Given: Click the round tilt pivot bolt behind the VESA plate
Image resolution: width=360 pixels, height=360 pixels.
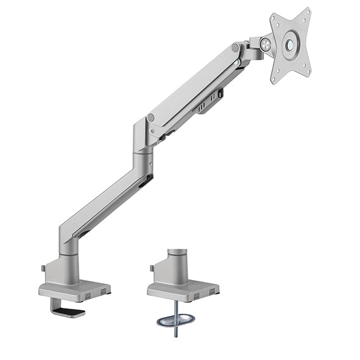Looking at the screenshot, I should [264, 43].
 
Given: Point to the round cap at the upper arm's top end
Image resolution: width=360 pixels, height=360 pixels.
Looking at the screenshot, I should [235, 47].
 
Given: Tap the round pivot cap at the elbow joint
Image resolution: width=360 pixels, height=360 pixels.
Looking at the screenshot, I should [150, 117].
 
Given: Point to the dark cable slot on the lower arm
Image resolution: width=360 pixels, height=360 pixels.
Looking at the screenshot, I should [145, 181].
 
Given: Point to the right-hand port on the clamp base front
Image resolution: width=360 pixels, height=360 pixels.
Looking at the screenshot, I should [105, 292].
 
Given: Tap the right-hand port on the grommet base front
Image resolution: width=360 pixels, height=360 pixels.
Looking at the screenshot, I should [212, 292].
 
